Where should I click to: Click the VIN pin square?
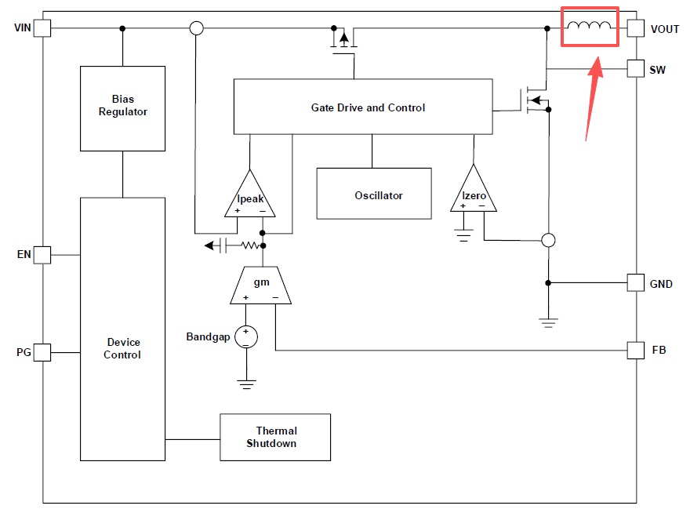click(x=42, y=28)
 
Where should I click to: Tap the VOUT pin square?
click(x=636, y=28)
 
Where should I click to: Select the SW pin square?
click(x=636, y=69)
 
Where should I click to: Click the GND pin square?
click(x=636, y=282)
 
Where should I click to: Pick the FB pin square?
click(x=636, y=350)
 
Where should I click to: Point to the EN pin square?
click(x=42, y=255)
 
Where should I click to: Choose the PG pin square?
click(x=42, y=352)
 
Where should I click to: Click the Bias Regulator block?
click(x=123, y=109)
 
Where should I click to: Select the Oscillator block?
click(x=374, y=193)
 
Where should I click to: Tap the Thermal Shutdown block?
click(x=275, y=437)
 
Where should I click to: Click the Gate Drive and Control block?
click(x=363, y=107)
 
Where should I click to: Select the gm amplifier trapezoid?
click(x=260, y=285)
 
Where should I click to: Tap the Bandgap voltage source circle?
click(x=246, y=336)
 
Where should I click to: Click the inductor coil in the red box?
click(x=589, y=26)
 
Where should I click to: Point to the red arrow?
click(x=593, y=99)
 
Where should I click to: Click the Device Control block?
click(x=123, y=329)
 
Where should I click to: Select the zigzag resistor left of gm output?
click(x=250, y=245)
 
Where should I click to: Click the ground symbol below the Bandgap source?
click(x=246, y=384)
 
